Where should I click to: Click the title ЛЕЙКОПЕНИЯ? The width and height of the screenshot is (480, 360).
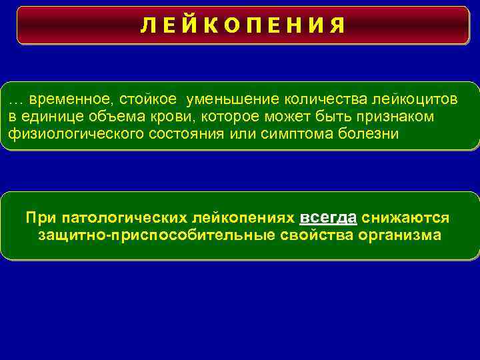click(243, 25)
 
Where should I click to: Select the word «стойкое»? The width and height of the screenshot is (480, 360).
click(149, 100)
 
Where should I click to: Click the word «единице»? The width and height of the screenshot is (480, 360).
click(54, 117)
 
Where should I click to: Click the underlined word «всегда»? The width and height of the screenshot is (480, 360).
click(329, 218)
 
